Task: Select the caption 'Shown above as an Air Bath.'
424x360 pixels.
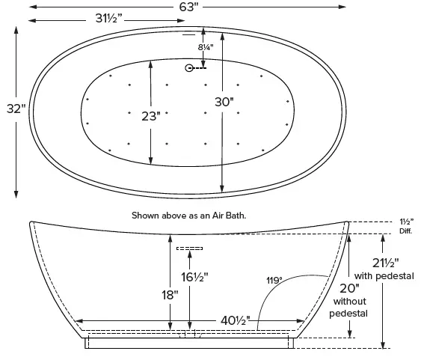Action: [189, 215]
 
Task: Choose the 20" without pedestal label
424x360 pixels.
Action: [348, 288]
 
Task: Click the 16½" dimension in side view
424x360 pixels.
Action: [195, 276]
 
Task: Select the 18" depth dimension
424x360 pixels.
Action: [169, 294]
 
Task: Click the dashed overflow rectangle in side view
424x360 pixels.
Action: [189, 248]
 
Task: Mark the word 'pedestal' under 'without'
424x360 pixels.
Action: [348, 314]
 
